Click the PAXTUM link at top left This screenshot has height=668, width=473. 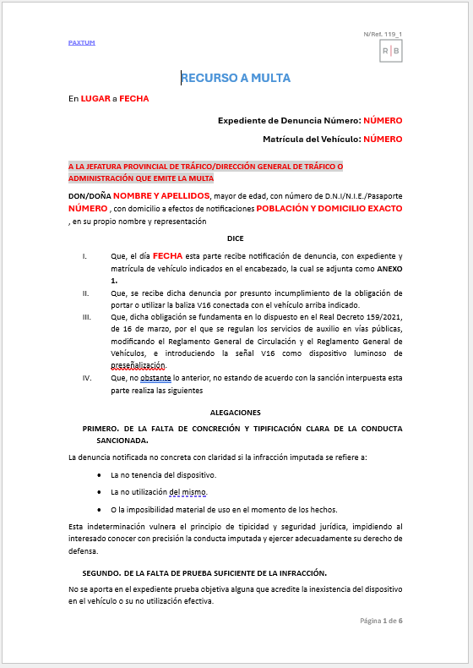point(81,41)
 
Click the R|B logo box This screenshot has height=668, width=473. point(391,52)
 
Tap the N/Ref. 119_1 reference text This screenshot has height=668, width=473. point(383,34)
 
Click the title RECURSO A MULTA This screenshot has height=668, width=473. point(236,78)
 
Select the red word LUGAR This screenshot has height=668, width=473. point(95,98)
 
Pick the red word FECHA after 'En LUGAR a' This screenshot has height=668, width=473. point(133,98)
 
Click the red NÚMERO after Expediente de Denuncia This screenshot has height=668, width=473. point(383,121)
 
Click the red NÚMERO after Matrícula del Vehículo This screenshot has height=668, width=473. point(383,139)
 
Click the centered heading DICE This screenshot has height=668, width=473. point(236,238)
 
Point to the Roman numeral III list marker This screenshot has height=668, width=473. point(85,317)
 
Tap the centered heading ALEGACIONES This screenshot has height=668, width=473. point(236,412)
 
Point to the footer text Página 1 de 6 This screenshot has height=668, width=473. point(381,621)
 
